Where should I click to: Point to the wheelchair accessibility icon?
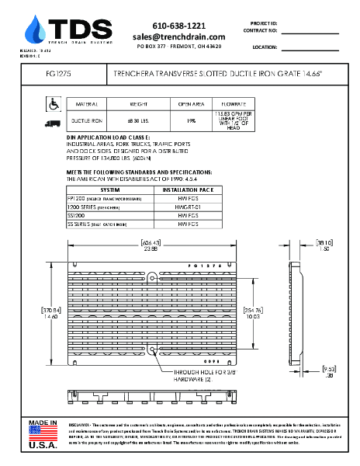54,103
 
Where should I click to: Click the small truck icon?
54,122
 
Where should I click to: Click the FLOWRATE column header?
234,103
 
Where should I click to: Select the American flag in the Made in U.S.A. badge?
43,433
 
